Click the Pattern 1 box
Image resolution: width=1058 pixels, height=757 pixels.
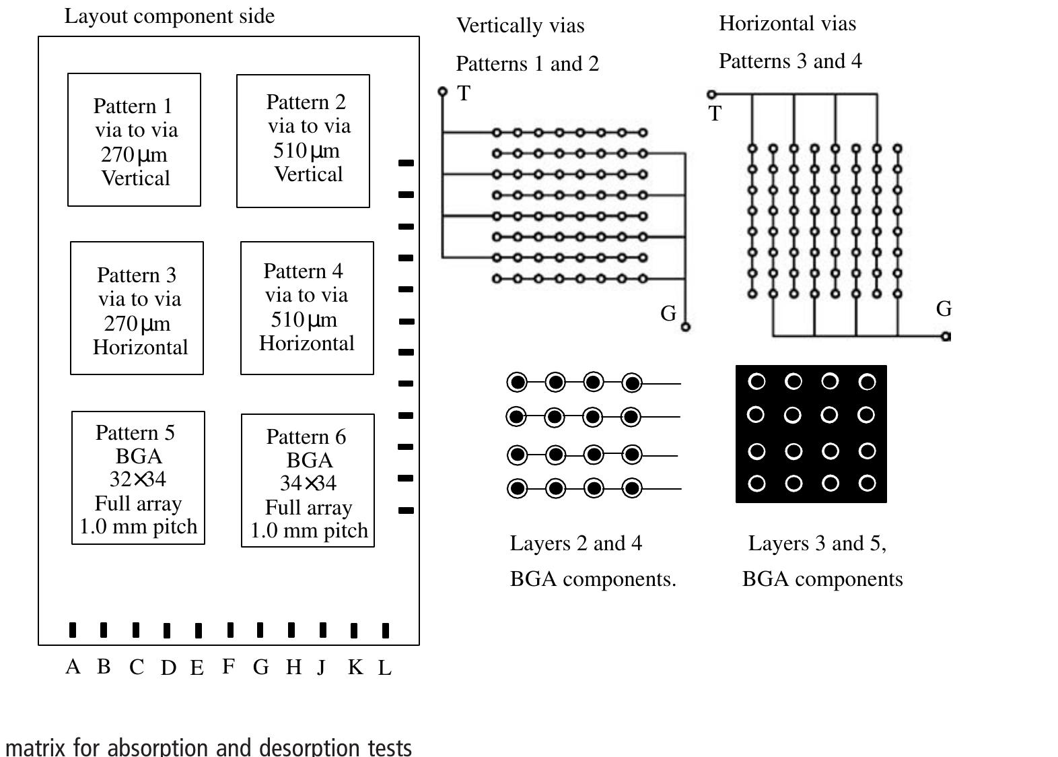click(x=134, y=140)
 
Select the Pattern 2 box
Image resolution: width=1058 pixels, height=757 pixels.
click(x=303, y=141)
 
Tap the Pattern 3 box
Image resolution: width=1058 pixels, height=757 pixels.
click(x=137, y=308)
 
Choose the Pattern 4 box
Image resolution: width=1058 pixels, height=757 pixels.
click(x=307, y=308)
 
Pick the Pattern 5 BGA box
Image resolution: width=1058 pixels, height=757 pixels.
click(x=138, y=478)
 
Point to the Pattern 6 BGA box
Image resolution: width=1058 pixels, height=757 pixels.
click(x=308, y=480)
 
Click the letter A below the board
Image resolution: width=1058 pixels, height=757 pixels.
click(x=73, y=667)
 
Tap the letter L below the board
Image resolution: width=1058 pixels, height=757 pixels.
click(x=384, y=668)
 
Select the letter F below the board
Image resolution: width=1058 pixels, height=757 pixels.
click(x=229, y=666)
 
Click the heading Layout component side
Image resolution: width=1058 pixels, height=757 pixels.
click(x=169, y=16)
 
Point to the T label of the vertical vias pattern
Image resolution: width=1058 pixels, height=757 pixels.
click(x=464, y=94)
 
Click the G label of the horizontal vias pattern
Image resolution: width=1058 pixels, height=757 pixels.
click(x=944, y=309)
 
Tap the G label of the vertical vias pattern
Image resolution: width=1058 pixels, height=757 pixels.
click(x=668, y=313)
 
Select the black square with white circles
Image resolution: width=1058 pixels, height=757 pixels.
click(x=811, y=434)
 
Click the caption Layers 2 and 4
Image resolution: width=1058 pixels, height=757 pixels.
click(x=575, y=543)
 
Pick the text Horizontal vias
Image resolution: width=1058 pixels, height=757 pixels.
click(x=787, y=24)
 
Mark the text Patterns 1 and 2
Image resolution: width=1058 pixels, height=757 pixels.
click(x=527, y=64)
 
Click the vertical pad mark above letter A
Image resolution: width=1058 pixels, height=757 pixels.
click(x=73, y=630)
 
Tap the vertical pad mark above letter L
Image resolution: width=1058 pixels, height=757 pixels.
click(x=385, y=630)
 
